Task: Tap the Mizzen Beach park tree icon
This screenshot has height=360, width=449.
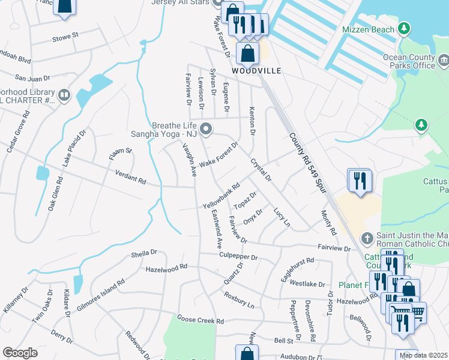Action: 405,29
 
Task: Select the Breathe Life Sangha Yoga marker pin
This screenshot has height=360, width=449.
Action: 206,128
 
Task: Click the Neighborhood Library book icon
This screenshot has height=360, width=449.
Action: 64,95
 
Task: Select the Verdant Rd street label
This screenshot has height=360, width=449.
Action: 131,177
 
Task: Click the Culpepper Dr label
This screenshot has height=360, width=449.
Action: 240,256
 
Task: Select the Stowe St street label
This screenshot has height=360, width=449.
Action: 67,36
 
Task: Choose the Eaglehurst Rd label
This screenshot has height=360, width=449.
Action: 298,270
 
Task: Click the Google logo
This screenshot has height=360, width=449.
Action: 20,353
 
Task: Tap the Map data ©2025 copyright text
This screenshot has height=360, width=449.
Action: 423,355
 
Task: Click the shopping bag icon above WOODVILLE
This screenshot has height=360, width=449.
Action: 247,52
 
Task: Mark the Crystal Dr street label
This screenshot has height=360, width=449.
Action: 261,170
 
